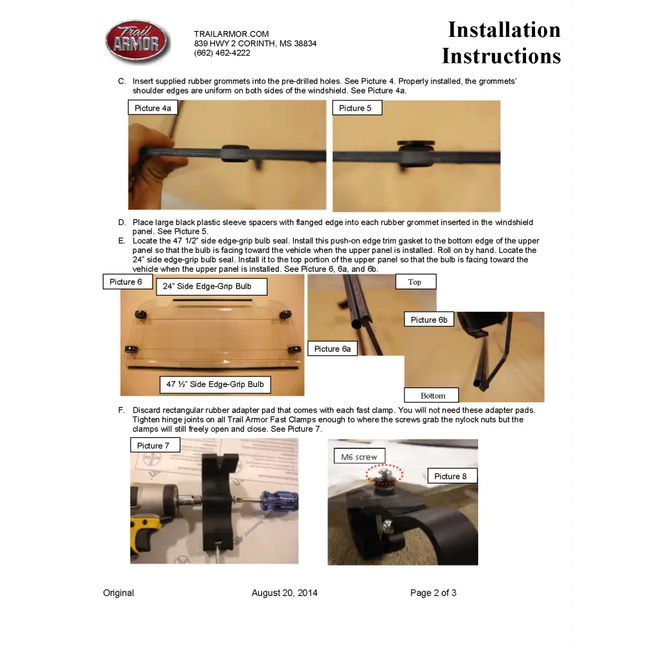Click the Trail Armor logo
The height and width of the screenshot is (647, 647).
pos(137,41)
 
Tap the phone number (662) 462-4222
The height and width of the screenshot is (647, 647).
pos(222,53)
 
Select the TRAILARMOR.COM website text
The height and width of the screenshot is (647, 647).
pos(232,34)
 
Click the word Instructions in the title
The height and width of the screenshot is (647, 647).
pos(501,56)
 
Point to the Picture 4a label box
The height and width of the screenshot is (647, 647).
pos(153,107)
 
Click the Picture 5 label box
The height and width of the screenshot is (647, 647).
pos(357,107)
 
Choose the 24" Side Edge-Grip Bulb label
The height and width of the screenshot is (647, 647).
pos(212,287)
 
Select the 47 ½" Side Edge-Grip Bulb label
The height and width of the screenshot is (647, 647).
pos(215,384)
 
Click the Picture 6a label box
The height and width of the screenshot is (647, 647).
pos(333,349)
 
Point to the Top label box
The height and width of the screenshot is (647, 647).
pos(415,282)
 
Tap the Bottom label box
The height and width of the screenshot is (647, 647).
pos(431,395)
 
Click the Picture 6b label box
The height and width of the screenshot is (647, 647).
pos(429,320)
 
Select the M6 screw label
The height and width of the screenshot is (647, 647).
pos(359,456)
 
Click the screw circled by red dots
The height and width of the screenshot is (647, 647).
pos(384,474)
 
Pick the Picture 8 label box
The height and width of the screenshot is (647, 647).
pos(452,476)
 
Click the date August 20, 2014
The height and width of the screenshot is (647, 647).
pos(285,593)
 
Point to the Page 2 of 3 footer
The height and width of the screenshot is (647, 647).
pos(433,593)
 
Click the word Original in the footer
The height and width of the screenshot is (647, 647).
pos(118,593)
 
